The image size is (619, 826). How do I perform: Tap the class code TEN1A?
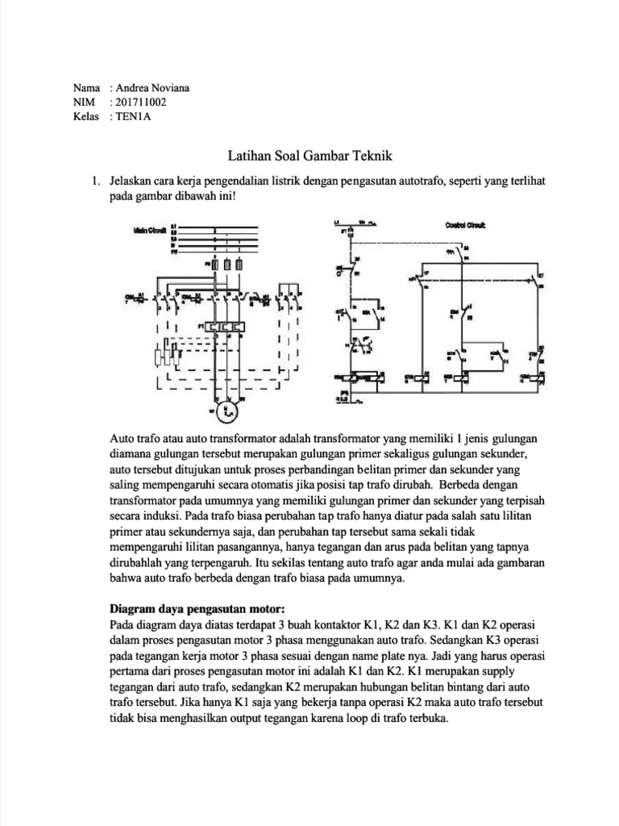pos(133,117)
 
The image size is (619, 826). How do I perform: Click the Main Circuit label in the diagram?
pos(149,230)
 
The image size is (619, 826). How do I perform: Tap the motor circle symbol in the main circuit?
pos(226,412)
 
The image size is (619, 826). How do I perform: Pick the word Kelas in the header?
pos(85,117)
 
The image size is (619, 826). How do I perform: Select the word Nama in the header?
pos(85,88)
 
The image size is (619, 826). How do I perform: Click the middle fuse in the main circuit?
pos(228,264)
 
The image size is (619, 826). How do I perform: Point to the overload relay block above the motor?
pos(227,327)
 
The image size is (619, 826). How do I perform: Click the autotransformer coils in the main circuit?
pos(166,353)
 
